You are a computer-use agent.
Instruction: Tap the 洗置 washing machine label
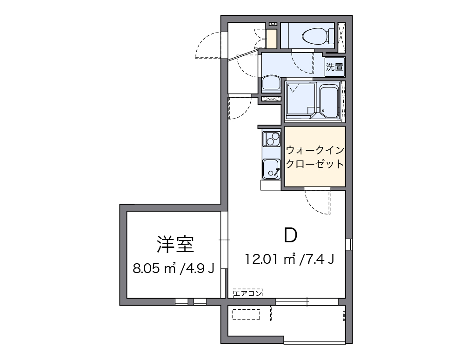[334, 67]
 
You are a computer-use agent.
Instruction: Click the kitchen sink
[271, 168]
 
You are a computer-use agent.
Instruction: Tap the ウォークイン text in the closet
[315, 150]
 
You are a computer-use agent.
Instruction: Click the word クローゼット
[315, 164]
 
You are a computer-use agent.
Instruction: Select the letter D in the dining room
[291, 236]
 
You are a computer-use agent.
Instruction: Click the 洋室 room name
[175, 244]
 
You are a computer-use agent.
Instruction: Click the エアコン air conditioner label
[248, 293]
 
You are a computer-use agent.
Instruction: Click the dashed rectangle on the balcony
[246, 315]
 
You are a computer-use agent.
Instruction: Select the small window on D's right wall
[348, 244]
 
